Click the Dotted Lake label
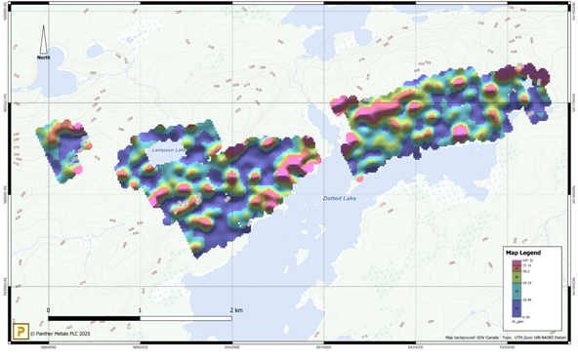[341, 199]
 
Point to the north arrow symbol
[43, 39]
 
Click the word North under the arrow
[44, 58]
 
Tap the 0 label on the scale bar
[48, 310]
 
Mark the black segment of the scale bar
[93, 318]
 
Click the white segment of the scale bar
[186, 318]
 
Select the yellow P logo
[20, 333]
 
